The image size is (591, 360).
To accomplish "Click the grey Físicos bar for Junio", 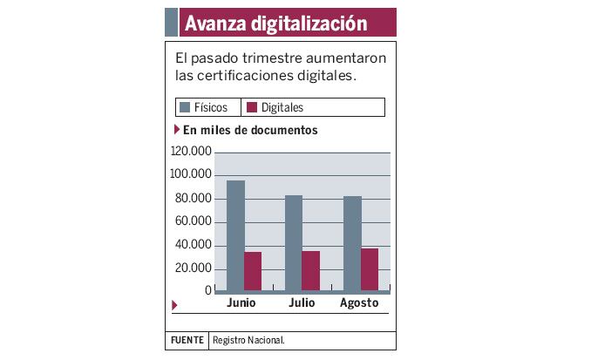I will point(235,235).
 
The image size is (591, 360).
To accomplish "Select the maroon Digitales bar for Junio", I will point(253,271).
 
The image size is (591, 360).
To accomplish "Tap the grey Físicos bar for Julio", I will point(294,242).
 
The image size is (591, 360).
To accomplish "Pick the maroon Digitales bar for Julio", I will point(311,271).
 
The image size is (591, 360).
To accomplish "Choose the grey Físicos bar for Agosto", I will point(352,243).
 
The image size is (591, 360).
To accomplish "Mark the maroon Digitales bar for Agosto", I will point(370,269).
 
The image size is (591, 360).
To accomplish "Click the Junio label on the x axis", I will point(241,303).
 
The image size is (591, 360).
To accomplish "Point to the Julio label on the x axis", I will point(301,303).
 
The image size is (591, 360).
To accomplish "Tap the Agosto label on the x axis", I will point(358,303).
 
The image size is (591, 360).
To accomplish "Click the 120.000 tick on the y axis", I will point(190,152).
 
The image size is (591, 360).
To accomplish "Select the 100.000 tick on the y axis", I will point(190,175).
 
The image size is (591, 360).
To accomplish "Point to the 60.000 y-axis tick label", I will point(193,221).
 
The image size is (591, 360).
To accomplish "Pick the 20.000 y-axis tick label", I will point(193,268).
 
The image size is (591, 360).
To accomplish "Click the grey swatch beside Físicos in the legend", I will point(185,108).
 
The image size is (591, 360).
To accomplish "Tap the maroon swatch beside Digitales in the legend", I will point(253,108).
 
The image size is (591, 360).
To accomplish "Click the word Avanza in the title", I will point(215,23).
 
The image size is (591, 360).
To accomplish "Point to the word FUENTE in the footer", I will point(187,340).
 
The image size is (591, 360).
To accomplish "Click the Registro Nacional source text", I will point(248,340).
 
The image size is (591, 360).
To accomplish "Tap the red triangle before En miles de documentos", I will point(178,131).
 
